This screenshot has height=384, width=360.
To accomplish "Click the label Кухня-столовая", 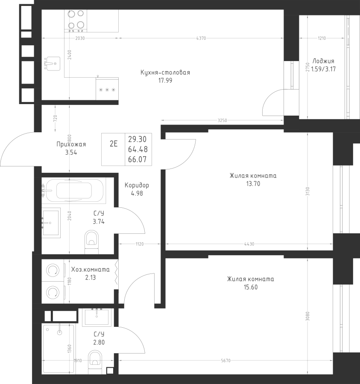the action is pos(165,73).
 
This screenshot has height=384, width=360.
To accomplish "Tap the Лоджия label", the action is pos(323,61).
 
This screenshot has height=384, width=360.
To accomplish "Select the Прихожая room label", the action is pos(71,144).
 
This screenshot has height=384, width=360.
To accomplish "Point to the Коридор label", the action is pos(137,185).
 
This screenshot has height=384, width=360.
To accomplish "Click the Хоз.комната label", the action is pos(91,269).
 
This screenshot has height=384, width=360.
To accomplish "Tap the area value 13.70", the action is pos(253,183).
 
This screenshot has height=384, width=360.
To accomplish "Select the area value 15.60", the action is pos(251,287).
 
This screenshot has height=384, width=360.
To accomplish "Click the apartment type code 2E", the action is pos(114,144).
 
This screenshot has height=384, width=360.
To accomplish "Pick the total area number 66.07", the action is pos(137,160).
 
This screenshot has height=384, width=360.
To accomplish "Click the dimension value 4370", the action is pos(201,38).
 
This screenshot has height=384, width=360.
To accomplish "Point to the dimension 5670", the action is pos(226,361).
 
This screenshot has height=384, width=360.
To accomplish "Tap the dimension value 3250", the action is pos(222,120).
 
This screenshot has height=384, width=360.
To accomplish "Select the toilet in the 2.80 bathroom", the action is pos(95,362).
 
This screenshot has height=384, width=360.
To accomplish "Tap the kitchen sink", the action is pos(52,64).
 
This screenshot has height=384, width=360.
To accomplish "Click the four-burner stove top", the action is pos(76,21).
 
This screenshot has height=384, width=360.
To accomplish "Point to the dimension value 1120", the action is pos(140,244).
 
